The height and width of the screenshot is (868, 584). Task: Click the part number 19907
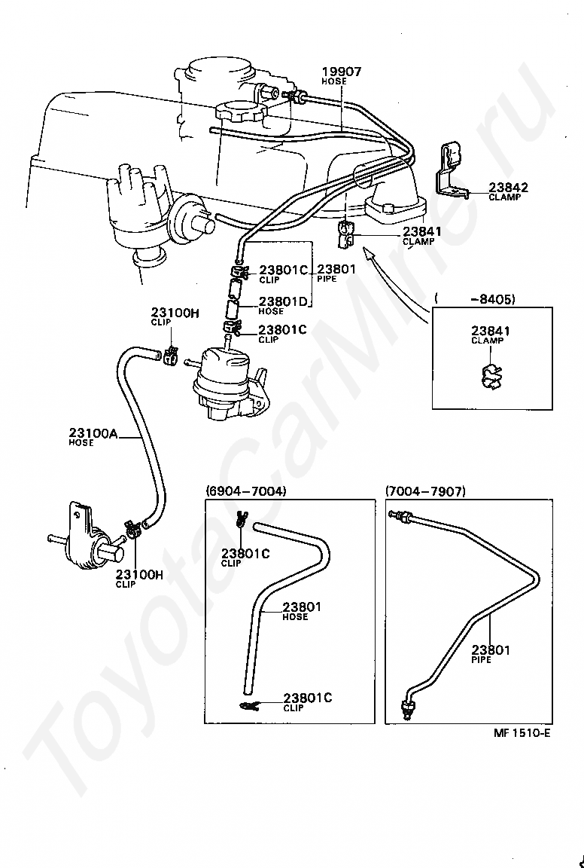click(x=342, y=72)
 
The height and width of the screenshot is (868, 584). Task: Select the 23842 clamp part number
click(x=508, y=187)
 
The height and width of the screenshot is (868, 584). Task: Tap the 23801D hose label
click(x=283, y=306)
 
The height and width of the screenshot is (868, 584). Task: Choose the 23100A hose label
click(x=93, y=436)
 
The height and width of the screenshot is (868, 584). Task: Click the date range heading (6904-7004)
click(x=246, y=491)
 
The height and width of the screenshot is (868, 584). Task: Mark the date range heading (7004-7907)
click(x=425, y=491)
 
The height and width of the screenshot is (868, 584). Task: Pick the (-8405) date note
click(x=475, y=299)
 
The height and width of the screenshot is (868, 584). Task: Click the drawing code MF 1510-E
click(x=522, y=733)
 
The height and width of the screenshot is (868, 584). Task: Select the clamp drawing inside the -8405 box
click(x=489, y=377)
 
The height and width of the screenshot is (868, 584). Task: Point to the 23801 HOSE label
click(x=302, y=610)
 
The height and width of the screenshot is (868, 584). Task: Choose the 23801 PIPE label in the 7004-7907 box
click(x=491, y=654)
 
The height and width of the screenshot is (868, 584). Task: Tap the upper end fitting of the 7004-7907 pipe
click(x=402, y=516)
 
